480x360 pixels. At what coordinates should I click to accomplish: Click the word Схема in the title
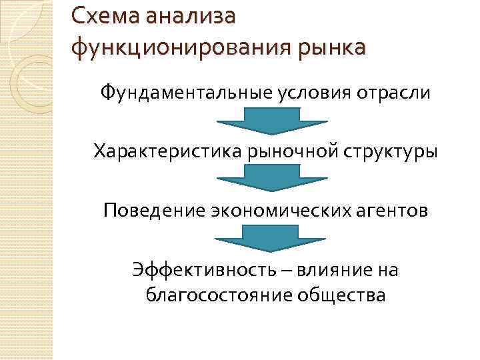(x=101, y=15)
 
